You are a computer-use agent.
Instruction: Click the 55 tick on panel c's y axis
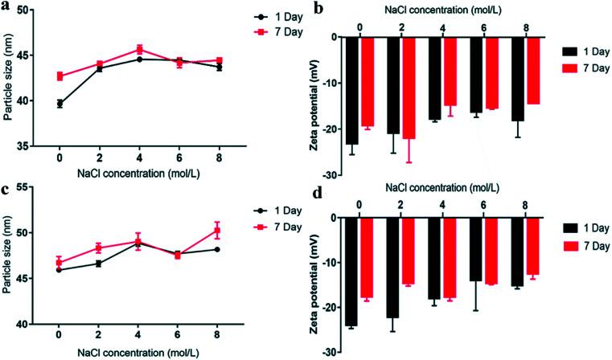click(30, 187)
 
